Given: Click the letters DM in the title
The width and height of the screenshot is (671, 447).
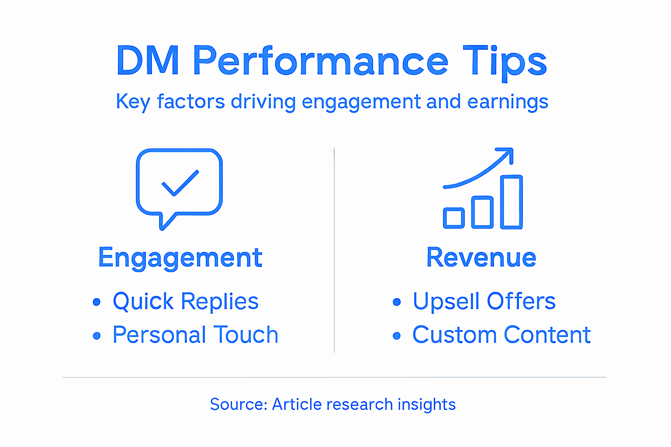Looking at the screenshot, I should click(x=148, y=61).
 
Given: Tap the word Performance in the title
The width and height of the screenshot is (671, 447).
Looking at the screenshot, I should click(x=320, y=61).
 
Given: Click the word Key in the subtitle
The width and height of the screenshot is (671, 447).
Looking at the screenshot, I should click(x=133, y=102).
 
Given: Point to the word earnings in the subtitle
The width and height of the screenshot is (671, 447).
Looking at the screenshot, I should click(x=507, y=102).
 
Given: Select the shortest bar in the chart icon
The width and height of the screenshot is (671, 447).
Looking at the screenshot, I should click(x=453, y=218).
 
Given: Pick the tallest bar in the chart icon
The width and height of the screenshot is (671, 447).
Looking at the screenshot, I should click(x=511, y=202).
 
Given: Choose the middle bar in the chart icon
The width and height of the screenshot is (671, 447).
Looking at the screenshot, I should click(x=482, y=212).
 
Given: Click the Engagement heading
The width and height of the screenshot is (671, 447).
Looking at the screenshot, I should click(x=180, y=258).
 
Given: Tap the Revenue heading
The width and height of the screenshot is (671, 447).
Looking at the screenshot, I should click(x=481, y=258).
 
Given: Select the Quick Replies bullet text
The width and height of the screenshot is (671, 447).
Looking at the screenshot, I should click(x=185, y=301).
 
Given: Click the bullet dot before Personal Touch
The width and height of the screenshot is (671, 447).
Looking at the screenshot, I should click(x=97, y=336).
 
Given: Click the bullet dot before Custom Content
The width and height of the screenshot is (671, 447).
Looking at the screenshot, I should click(x=396, y=336).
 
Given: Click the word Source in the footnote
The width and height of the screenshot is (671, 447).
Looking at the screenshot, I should click(x=238, y=404).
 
